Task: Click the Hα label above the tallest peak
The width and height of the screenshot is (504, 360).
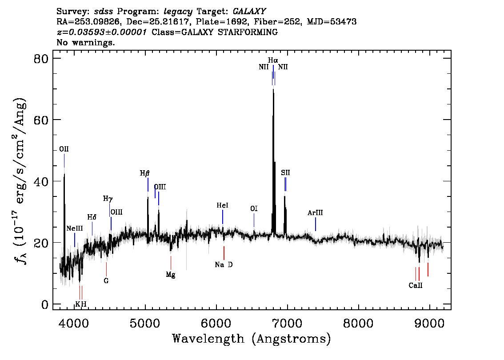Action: (273, 60)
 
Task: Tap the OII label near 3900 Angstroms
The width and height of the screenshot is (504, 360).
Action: (64, 149)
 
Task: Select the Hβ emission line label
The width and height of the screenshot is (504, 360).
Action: (144, 174)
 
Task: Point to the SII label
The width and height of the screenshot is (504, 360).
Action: (285, 172)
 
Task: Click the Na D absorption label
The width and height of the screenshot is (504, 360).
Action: (224, 264)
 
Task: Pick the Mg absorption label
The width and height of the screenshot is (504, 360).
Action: (171, 275)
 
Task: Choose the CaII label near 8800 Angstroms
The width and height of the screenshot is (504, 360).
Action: (416, 285)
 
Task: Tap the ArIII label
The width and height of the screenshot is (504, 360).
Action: (315, 213)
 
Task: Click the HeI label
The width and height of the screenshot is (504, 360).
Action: (222, 205)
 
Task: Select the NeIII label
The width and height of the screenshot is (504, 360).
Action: (75, 228)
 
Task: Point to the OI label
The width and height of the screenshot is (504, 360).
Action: (254, 208)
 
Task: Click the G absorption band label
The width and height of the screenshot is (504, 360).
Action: (106, 280)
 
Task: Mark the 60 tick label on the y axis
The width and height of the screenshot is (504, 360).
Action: (41, 120)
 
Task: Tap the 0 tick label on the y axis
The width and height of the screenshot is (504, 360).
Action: (45, 304)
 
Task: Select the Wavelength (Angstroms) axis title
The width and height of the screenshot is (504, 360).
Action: (252, 339)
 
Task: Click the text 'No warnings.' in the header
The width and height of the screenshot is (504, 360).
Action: (85, 42)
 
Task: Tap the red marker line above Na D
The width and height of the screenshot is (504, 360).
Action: (224, 253)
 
